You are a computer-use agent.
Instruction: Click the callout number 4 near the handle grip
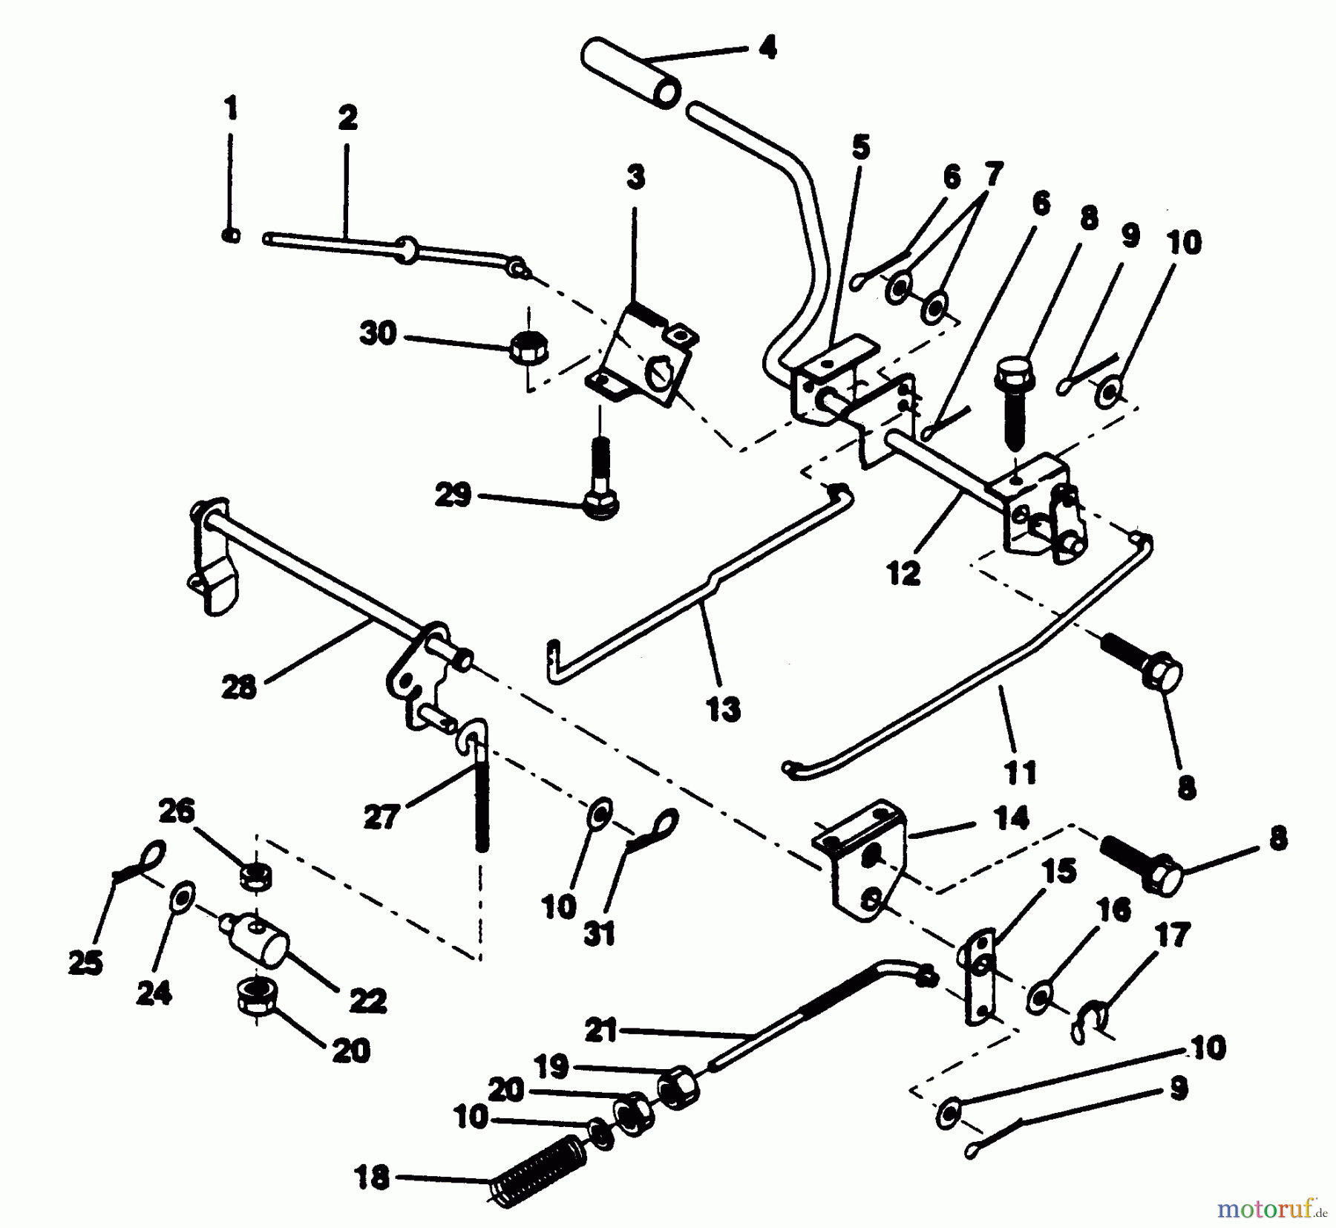pos(767,49)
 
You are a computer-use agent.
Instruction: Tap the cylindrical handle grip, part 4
pos(630,76)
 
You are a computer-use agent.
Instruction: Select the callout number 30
pos(378,333)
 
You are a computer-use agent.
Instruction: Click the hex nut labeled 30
pos(528,347)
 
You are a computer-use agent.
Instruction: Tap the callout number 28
pos(238,688)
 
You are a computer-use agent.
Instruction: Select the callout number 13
pos(723,709)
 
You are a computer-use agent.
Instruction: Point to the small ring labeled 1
pos(231,235)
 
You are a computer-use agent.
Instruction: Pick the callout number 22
pos(368,1002)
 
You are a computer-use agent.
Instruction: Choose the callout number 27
pos(382,817)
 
